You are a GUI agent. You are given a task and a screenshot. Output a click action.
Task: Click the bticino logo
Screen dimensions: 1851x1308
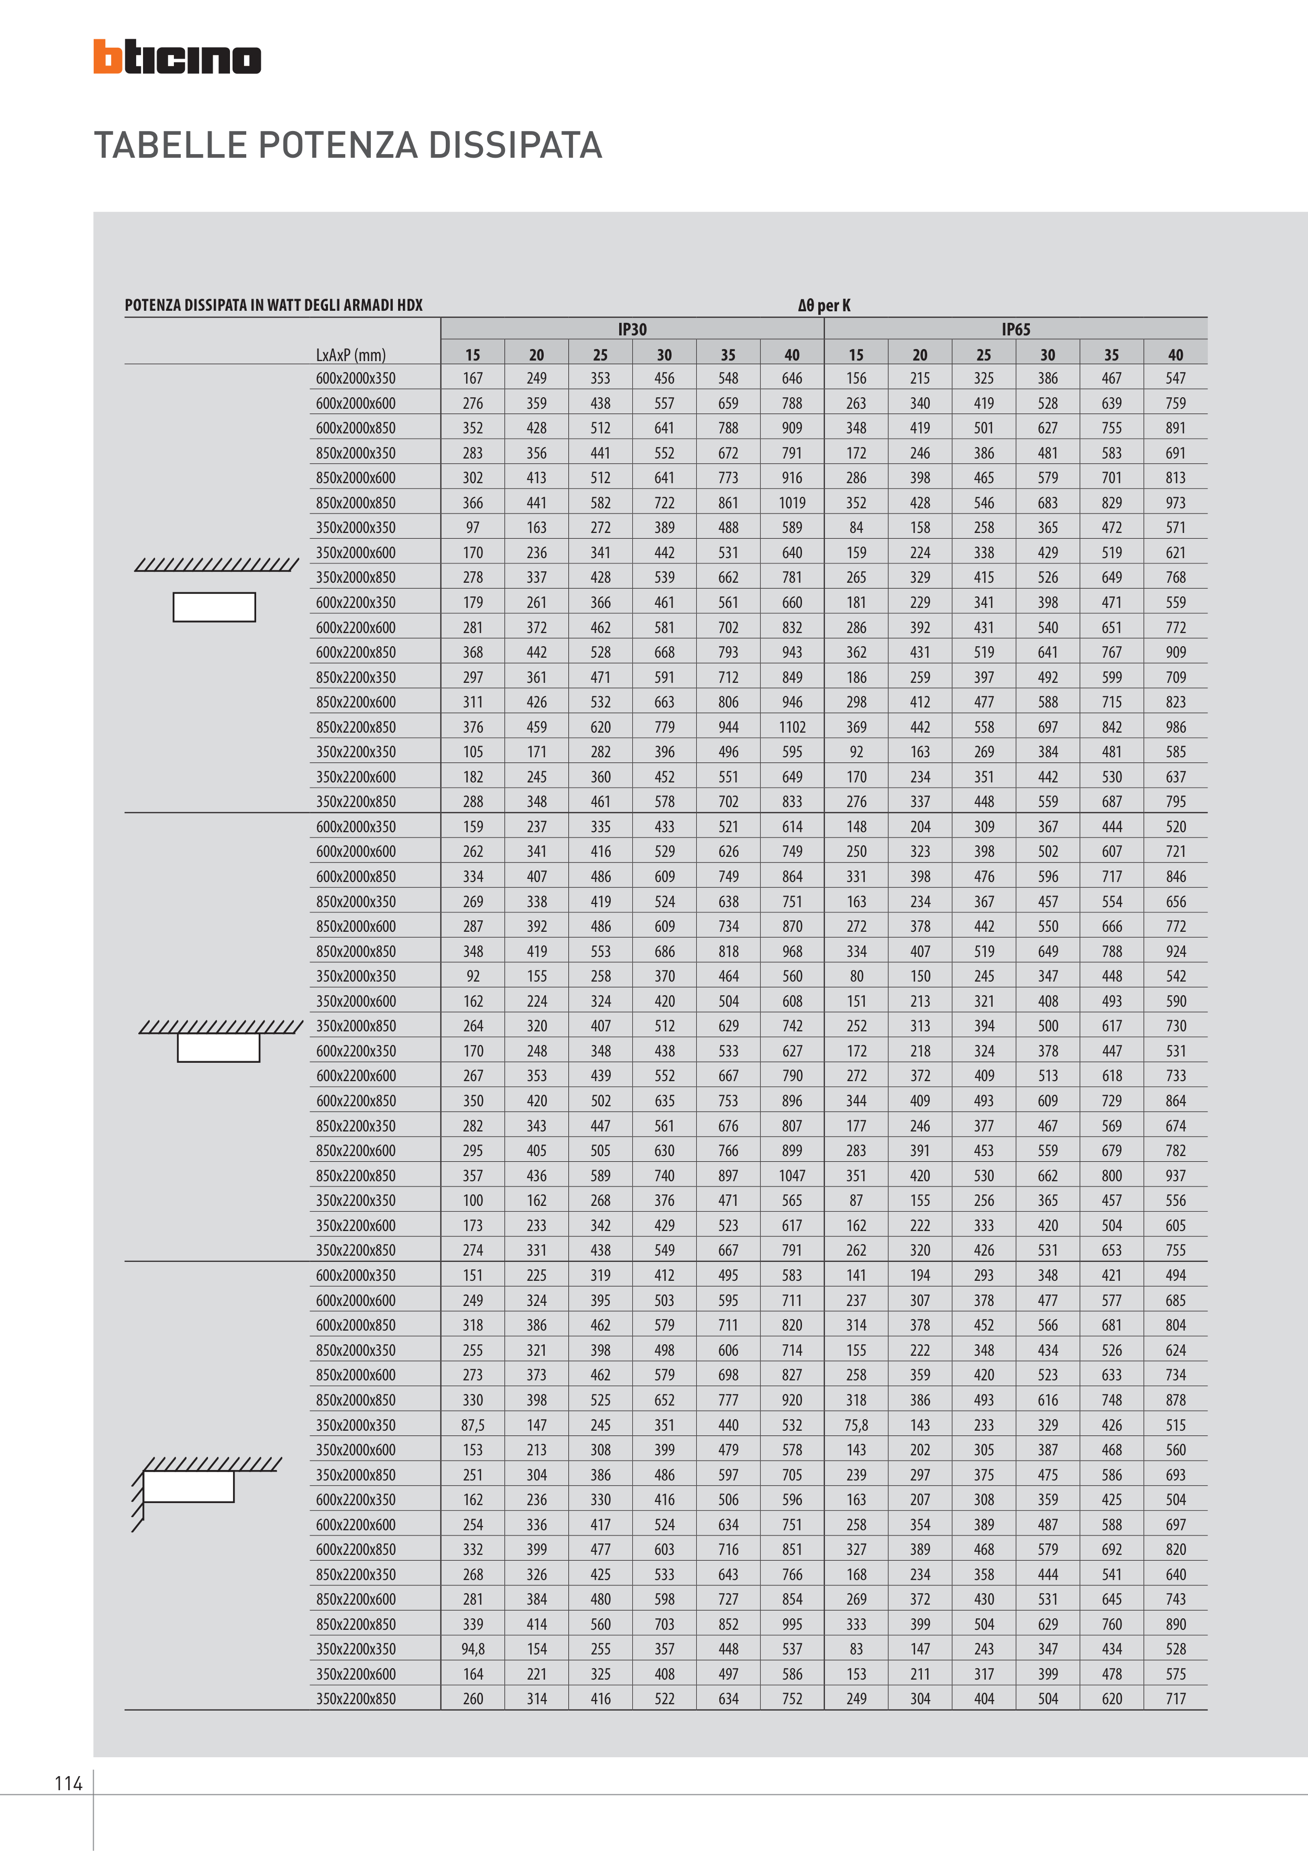pyautogui.click(x=177, y=57)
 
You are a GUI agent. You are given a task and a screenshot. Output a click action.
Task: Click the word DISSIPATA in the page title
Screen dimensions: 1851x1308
pyautogui.click(x=515, y=146)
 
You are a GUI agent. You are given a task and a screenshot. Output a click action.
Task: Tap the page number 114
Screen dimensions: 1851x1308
pyautogui.click(x=69, y=1783)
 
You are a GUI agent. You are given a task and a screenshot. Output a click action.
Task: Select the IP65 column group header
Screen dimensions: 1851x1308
pyautogui.click(x=1016, y=329)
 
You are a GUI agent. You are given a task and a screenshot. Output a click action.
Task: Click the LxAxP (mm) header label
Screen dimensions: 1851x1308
pyautogui.click(x=350, y=355)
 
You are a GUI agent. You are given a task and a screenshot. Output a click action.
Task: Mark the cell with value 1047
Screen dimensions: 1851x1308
pyautogui.click(x=792, y=1175)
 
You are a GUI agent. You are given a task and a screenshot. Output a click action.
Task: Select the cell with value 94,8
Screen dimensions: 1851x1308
pyautogui.click(x=473, y=1649)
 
